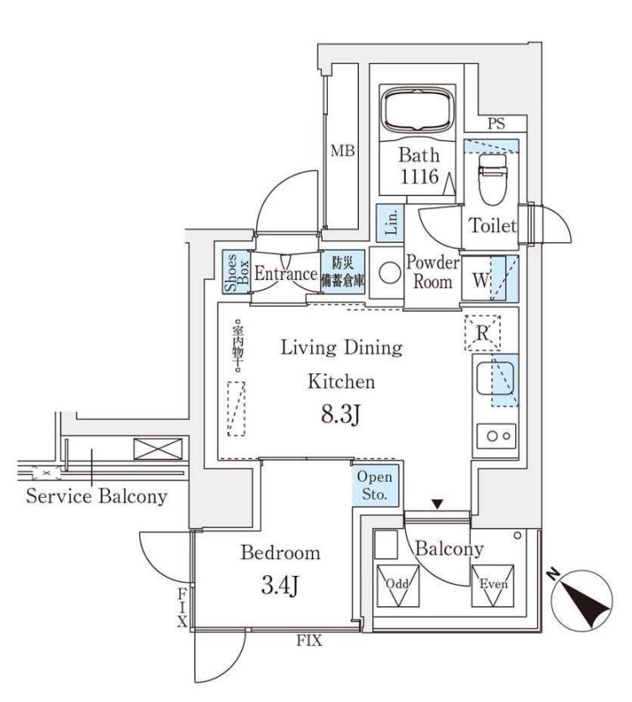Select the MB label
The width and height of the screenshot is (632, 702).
coord(342,152)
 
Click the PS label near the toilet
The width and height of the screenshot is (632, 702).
coord(496,124)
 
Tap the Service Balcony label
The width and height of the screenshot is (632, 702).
coord(96,496)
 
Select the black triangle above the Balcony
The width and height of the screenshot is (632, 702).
coord(436,504)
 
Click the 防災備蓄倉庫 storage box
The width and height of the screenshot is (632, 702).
coord(342,272)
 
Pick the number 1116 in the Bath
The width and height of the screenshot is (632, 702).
coord(418,177)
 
